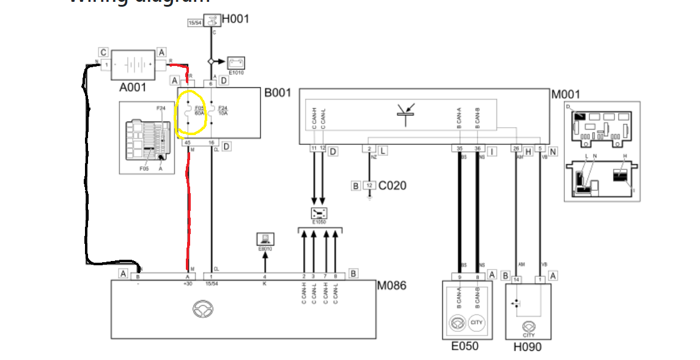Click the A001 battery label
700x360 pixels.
(133, 87)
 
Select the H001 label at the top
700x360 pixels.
(235, 19)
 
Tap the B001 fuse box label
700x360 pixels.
(278, 94)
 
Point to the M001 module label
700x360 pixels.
(566, 95)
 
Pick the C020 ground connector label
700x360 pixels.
(392, 185)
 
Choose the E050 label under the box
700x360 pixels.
(465, 347)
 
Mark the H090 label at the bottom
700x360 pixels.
(528, 347)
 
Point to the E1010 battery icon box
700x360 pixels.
(236, 62)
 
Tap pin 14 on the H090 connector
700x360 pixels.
(517, 279)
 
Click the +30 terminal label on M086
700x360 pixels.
(187, 284)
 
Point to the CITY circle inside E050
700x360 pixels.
(476, 322)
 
